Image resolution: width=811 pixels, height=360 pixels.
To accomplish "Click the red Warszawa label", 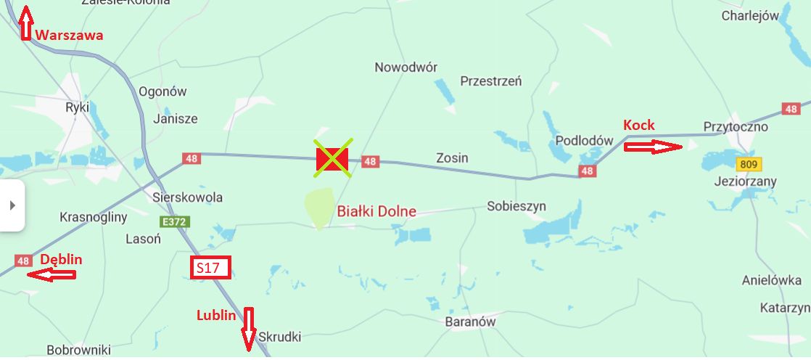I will coord(70,35).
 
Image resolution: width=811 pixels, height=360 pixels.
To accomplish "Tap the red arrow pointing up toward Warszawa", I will coord(26,22).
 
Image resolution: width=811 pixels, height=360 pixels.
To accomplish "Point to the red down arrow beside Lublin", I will coord(250,329).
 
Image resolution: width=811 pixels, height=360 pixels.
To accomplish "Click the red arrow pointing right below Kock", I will coord(653,147).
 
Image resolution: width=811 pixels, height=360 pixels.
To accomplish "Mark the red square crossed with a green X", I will coord(333,159).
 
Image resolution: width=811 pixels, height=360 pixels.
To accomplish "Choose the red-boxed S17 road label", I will coord(210,268).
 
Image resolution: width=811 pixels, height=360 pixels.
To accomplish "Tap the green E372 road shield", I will coord(175,221).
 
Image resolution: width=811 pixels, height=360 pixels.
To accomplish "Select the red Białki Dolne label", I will coord(376,211).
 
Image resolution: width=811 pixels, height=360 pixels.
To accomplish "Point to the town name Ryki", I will coord(77,107).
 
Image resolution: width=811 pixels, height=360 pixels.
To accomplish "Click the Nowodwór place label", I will coord(405,67).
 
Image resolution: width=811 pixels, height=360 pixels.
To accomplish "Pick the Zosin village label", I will coord(452,157).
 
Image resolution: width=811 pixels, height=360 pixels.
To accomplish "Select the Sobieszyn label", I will coord(516,206).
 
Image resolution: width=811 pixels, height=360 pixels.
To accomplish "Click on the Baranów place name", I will coord(471,321).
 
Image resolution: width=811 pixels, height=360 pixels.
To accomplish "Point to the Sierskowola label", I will coord(188,197).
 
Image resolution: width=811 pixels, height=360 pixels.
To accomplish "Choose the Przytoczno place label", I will coord(736,127).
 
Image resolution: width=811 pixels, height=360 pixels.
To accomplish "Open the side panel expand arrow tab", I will coord(12,205).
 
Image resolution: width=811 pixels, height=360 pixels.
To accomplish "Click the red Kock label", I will coord(639,125).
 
